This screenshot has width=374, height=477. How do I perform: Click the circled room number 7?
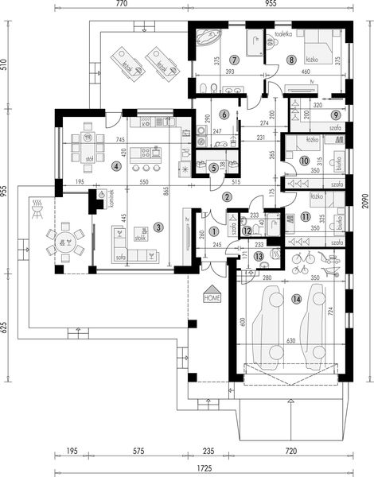point(234,60)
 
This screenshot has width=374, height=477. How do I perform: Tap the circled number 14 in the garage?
point(297,299)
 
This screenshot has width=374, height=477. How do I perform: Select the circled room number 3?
point(159,227)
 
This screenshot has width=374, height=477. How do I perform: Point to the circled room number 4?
point(116,166)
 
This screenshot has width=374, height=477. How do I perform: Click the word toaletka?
point(284,35)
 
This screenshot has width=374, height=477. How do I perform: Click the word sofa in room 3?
point(121,258)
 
